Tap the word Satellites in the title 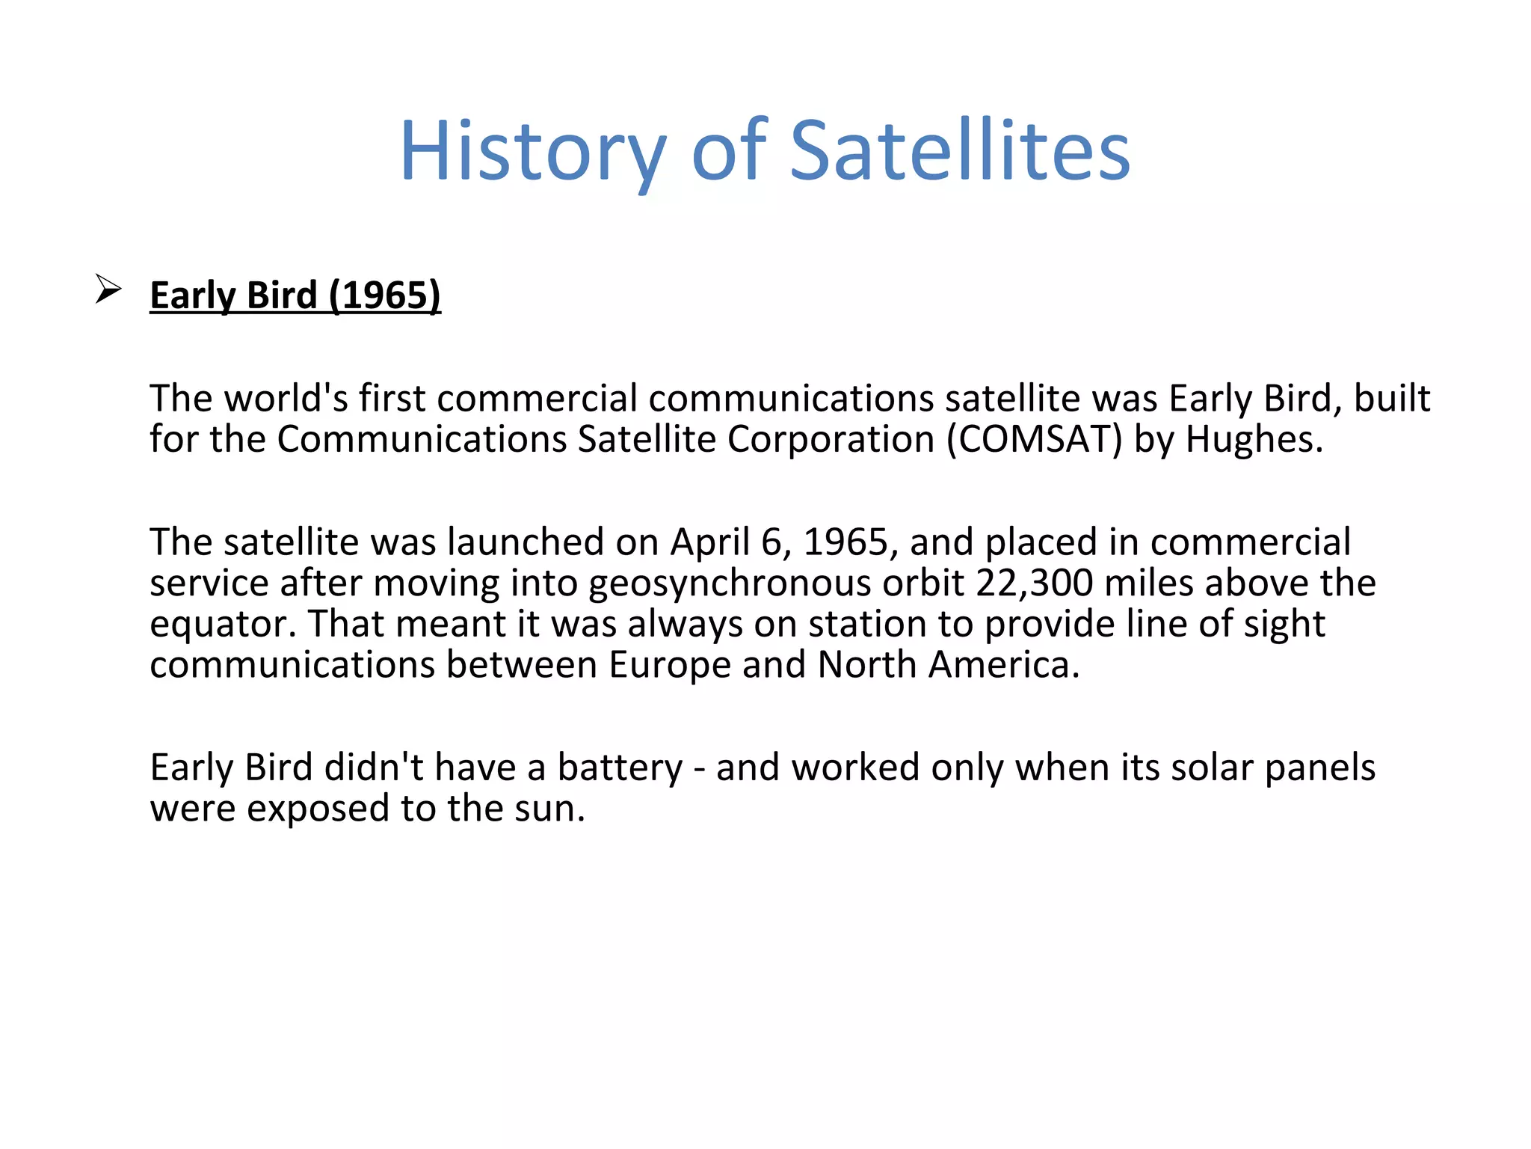960,152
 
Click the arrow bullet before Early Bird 108,289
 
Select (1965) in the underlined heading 385,295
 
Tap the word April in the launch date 709,542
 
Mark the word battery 620,768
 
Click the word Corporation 831,440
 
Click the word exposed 318,809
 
